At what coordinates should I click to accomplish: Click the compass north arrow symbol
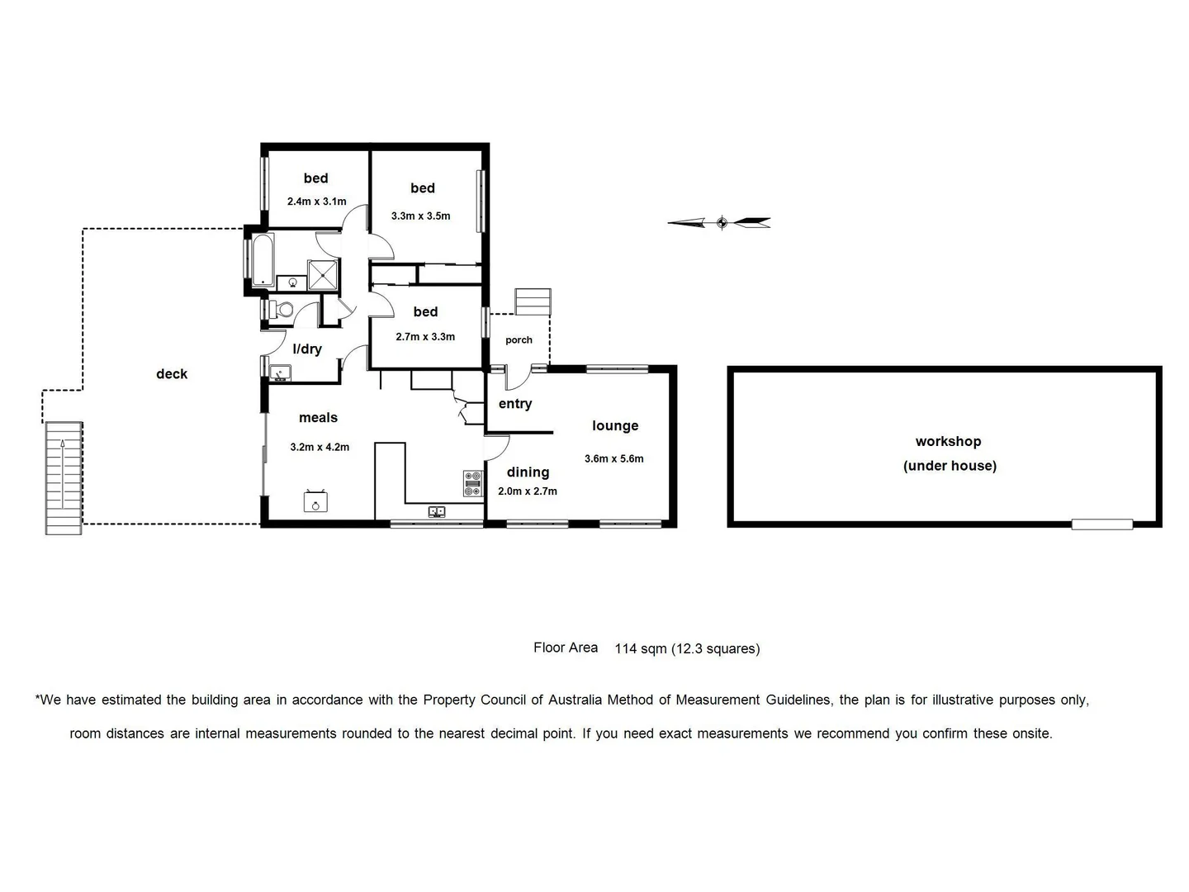point(719,222)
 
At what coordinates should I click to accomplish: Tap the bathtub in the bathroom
point(263,259)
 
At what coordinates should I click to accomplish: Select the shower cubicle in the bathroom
point(323,275)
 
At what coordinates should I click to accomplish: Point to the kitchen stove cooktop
point(472,483)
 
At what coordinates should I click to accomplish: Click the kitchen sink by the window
point(437,512)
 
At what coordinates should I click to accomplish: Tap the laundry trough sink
point(280,373)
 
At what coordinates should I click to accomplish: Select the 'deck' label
point(172,374)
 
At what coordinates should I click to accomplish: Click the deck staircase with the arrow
point(64,477)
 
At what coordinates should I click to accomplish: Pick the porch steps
point(533,301)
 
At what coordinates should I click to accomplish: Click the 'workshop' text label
point(948,442)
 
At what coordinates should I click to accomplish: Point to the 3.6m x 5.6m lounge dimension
point(613,459)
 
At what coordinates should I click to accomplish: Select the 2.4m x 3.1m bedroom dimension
point(316,202)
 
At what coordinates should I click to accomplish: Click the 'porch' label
point(519,340)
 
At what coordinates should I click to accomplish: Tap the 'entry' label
point(515,404)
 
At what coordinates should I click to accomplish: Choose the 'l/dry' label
point(307,349)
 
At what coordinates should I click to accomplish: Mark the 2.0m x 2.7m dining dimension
point(528,491)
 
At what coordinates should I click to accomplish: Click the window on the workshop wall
point(1101,523)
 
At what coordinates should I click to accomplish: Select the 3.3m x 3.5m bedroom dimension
point(421,216)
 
